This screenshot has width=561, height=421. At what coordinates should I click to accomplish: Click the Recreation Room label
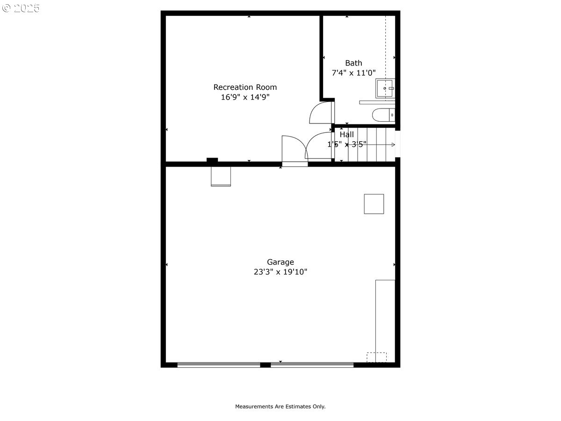(x=245, y=87)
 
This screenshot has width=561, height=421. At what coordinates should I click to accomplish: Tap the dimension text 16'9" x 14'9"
(x=245, y=97)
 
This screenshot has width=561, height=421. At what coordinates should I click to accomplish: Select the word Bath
(x=353, y=63)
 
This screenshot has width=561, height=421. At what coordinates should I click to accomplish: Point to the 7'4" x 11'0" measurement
(x=353, y=73)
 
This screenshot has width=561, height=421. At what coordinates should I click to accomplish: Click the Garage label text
(x=280, y=262)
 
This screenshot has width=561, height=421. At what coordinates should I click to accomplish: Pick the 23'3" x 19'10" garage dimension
(x=280, y=272)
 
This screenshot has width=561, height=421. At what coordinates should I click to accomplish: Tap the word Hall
(x=346, y=134)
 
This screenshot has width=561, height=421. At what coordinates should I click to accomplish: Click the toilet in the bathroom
(x=383, y=115)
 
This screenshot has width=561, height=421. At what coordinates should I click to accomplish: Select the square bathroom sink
(x=385, y=88)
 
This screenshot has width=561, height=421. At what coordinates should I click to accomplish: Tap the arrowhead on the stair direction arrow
(x=393, y=145)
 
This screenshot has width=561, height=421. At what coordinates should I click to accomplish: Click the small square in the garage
(x=374, y=204)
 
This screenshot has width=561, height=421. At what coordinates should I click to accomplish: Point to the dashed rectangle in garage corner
(x=376, y=357)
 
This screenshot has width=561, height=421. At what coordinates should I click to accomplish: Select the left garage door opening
(x=219, y=365)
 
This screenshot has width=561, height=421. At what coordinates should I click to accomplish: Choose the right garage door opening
(x=312, y=365)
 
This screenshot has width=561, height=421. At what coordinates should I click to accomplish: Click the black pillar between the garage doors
(x=266, y=365)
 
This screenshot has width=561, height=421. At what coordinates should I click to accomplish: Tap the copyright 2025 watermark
(x=21, y=8)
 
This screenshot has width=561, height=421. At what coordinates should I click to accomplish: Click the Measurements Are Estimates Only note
(x=280, y=406)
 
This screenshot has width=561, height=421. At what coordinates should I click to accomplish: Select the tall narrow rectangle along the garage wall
(x=385, y=321)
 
